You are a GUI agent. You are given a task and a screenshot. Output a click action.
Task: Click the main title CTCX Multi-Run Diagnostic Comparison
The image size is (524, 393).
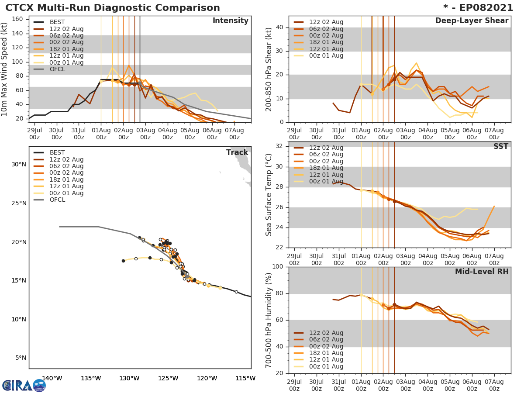(x=113, y=8)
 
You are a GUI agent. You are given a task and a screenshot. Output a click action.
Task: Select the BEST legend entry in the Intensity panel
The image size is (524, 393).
(x=57, y=22)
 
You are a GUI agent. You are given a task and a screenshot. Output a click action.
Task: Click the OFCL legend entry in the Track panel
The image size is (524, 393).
(x=57, y=200)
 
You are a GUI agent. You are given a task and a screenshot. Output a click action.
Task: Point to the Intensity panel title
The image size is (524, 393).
(x=231, y=21)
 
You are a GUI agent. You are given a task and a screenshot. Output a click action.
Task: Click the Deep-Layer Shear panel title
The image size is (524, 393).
(x=472, y=21)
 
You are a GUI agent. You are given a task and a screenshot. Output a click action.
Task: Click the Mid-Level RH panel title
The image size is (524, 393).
(x=482, y=272)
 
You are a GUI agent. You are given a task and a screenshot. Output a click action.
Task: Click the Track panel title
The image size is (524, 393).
(x=237, y=152)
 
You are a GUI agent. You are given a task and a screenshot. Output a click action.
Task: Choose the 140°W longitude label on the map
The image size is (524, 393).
(x=52, y=378)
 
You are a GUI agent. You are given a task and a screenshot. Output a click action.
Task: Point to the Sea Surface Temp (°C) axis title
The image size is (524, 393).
(x=269, y=194)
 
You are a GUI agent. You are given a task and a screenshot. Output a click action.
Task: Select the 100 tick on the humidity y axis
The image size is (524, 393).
(x=279, y=267)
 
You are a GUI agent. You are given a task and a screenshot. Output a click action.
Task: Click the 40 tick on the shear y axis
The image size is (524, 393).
(x=281, y=28)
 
